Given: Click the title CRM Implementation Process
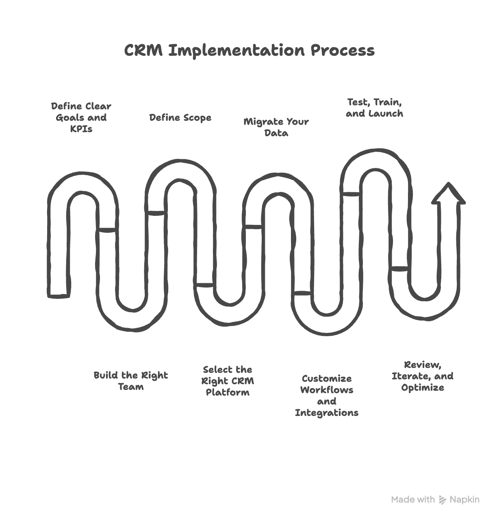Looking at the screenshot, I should [x=249, y=51].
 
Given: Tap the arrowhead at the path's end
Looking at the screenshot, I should [x=448, y=194].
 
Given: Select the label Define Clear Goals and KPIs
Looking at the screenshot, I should [x=81, y=117].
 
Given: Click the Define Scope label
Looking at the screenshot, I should [x=180, y=118].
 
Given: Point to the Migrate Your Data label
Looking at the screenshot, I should [x=276, y=127].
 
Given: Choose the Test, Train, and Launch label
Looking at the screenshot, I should [x=374, y=108].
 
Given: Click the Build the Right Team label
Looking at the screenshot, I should [x=130, y=381].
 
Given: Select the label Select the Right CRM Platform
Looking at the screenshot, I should [x=228, y=381].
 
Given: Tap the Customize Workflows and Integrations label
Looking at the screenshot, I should [x=326, y=396].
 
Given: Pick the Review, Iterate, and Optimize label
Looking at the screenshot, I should [x=422, y=376].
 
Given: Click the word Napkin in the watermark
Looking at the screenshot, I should [x=464, y=500].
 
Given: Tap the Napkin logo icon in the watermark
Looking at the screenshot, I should [x=443, y=500].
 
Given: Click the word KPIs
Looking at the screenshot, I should [x=81, y=129].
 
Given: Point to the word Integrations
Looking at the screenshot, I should [x=326, y=413].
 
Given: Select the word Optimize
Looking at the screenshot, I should [x=422, y=388].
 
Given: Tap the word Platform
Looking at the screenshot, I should [x=228, y=393].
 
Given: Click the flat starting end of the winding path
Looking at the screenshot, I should [x=58, y=295].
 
